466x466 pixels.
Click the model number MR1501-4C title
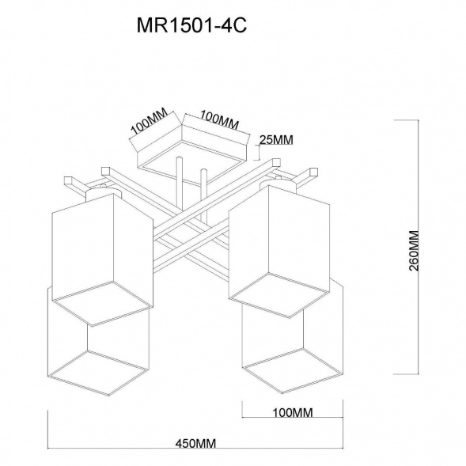[x=191, y=25]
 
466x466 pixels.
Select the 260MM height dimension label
[x=414, y=251]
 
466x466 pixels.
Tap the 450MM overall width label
[x=195, y=444]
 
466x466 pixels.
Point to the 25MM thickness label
[x=276, y=140]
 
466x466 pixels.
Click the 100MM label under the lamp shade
[x=293, y=413]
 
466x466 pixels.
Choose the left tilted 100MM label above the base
[x=150, y=121]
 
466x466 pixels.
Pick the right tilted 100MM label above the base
[x=219, y=120]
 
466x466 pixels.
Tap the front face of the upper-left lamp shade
[x=83, y=247]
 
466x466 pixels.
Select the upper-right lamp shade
[x=279, y=251]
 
